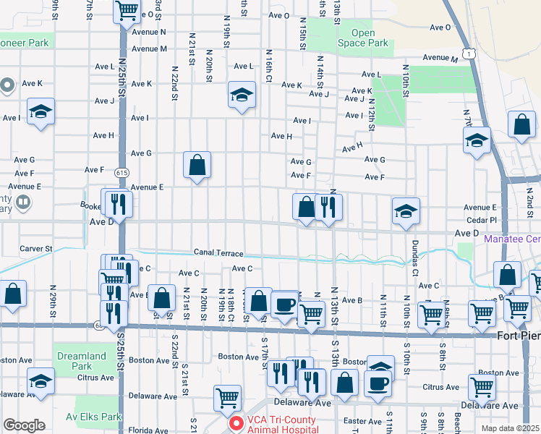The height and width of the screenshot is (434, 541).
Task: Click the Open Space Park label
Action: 363,38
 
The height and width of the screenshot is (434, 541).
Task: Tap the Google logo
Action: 24,425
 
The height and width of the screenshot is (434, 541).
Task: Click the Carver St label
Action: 36,248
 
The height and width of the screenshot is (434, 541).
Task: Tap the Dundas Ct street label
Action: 415,258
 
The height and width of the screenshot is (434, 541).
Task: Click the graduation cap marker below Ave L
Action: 242,94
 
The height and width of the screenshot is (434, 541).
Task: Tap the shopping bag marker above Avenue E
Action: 197,166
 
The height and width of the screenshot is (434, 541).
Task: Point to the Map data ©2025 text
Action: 510,428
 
